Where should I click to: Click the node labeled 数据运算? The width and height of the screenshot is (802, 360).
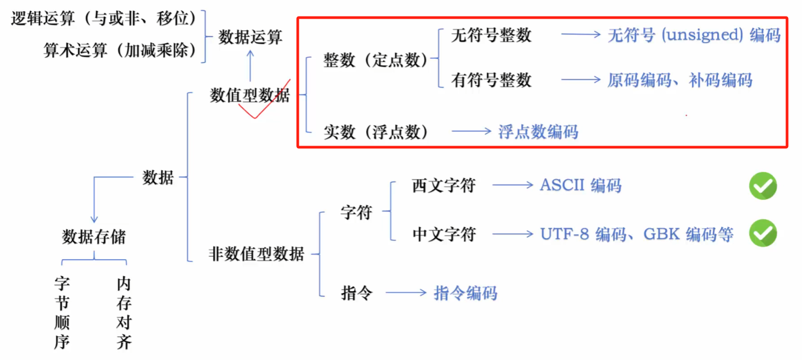pos(250,37)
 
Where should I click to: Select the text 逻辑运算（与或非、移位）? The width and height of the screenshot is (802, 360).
pos(104,19)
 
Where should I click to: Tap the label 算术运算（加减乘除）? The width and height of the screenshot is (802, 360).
pos(120,51)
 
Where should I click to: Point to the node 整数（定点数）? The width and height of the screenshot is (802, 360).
pos(376,60)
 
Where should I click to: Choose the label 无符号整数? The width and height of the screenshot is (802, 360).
pos(491,35)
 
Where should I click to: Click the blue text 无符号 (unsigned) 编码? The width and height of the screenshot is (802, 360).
pos(694,35)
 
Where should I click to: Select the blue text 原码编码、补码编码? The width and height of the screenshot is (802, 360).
pos(680,80)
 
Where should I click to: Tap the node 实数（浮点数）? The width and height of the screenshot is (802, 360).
pos(376,132)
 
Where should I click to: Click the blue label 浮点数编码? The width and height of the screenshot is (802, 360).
pos(538,132)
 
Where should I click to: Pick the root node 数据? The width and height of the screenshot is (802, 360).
pos(158,178)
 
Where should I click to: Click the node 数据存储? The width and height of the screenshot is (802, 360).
pos(94,237)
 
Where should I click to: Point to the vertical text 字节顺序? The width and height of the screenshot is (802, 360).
pos(62,313)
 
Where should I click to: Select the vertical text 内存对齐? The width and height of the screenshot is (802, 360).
pos(124,313)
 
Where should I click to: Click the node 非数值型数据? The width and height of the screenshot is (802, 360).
pos(256,254)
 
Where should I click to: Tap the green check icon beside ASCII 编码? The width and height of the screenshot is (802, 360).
pos(763,186)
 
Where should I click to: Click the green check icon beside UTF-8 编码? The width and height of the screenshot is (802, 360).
pos(763,234)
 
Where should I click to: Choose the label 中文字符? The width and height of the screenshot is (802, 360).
pos(443,234)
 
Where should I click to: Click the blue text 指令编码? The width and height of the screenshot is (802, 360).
pos(465,293)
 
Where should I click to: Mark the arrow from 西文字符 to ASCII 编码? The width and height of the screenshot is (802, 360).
pos(512,186)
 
